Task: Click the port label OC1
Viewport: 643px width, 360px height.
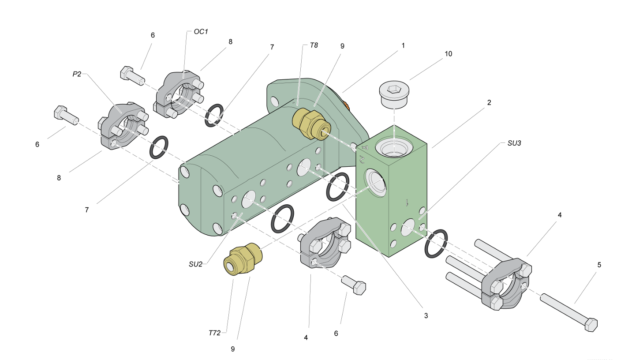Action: [201, 32]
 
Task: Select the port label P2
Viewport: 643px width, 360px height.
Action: [77, 74]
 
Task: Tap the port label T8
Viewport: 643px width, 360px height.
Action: [314, 45]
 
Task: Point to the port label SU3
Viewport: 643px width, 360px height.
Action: [514, 143]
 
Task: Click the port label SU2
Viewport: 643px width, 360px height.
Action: [195, 264]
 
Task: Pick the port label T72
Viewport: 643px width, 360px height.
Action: [214, 333]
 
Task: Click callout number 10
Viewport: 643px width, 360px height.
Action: [448, 54]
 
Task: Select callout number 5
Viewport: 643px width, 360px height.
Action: [599, 265]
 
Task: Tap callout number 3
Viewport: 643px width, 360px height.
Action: [426, 315]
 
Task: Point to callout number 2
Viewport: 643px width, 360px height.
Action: [489, 102]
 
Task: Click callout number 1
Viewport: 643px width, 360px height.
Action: [403, 45]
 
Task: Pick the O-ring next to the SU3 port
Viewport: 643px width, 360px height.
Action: [436, 244]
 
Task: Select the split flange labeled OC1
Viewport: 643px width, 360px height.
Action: [179, 95]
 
